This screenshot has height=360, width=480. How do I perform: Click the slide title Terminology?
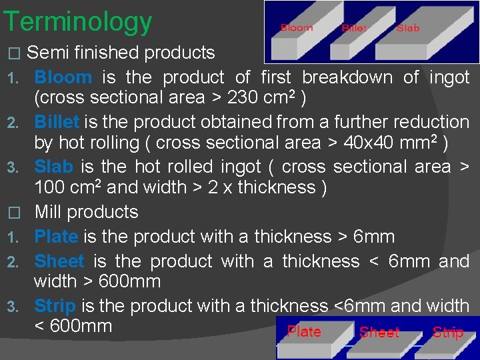[77, 22]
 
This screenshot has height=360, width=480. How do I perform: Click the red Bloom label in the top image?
[297, 28]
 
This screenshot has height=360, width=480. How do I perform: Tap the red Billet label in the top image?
[354, 28]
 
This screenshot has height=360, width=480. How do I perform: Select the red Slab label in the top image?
[408, 28]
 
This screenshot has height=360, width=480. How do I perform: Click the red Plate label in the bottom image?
[304, 332]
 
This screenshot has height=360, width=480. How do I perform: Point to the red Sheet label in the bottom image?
[379, 333]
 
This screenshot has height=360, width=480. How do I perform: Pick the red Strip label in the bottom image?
[448, 332]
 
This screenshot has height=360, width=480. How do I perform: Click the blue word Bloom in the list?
[63, 77]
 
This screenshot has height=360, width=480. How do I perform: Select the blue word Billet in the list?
[57, 122]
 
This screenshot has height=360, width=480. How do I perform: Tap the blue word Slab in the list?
[54, 167]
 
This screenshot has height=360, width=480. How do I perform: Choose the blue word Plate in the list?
[56, 237]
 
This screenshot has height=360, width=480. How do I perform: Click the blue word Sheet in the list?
[59, 261]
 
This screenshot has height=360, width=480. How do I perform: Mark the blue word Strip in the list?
[55, 306]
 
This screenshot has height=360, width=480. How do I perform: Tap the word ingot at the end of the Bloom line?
[449, 77]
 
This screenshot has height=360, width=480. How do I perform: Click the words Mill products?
[86, 212]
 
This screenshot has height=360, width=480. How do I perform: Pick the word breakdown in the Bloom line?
[354, 77]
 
